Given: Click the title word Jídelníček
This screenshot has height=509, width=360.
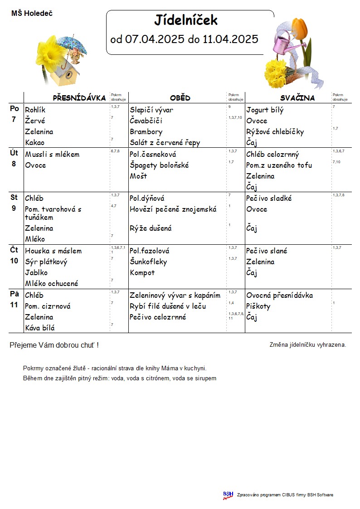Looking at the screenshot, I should point(186,20).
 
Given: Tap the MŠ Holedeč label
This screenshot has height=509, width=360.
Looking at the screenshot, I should point(32,14).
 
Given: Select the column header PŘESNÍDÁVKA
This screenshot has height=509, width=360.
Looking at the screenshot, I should point(79,98).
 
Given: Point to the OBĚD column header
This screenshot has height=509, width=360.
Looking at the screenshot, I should point(180,98).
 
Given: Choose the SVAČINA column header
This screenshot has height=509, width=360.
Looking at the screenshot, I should point(297,98).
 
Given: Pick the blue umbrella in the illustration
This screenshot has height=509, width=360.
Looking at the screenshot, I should point(73,44).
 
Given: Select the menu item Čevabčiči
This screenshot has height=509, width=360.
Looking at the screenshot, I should point(146,121).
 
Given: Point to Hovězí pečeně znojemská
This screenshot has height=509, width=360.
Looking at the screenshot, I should point(173,209).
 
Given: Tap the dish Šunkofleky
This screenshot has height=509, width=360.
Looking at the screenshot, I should point(148,262).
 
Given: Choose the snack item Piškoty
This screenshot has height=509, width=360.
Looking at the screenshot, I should point(258,306).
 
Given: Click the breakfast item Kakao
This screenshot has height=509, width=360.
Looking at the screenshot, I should point(35,143).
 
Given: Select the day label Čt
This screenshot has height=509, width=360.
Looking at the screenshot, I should point(14,250).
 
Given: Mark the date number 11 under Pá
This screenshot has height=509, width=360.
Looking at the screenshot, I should point(14,305).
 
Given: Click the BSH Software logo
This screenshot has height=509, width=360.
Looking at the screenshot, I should point(228,495).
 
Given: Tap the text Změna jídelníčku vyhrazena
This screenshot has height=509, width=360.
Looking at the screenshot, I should point(307,345).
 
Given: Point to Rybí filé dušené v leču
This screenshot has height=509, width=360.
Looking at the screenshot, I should point(168,306).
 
